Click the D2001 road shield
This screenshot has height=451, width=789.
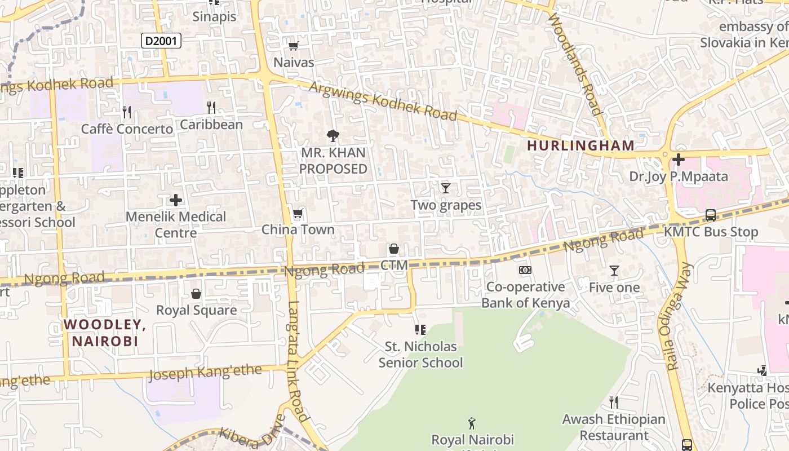coord(161,40)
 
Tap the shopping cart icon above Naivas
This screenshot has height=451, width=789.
coord(293,46)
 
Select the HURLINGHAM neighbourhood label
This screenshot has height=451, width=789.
coord(580,145)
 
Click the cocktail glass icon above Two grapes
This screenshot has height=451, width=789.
coord(446,188)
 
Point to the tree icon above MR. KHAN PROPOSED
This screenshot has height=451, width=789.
coord(333,135)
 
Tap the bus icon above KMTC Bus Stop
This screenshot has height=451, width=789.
coord(711,215)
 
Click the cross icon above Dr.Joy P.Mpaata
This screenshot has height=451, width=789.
coord(679,160)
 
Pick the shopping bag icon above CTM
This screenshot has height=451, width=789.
coord(393,249)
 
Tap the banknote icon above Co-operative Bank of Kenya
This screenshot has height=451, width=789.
coord(525,270)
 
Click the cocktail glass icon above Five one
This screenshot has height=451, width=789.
coord(614,271)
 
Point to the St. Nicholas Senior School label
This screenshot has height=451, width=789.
coord(420,355)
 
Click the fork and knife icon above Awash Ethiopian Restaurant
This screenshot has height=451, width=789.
coord(614,403)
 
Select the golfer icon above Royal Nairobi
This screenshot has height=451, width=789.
coord(472,423)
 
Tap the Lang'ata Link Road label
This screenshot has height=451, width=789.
coord(297,361)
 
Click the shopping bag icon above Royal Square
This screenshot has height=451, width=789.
coord(196,294)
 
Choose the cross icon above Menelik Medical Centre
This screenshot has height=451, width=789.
coord(176,200)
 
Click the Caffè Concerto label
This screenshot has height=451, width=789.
coord(127,129)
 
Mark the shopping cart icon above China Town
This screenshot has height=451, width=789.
coord(298,213)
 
